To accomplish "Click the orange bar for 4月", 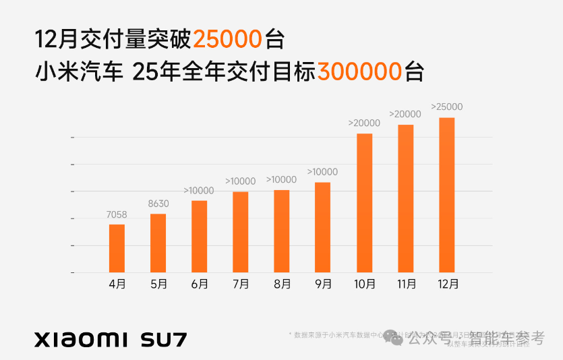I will click(x=117, y=248).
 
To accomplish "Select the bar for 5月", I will click(x=158, y=243).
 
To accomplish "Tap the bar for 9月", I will click(x=322, y=227).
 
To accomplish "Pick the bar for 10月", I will click(x=364, y=203).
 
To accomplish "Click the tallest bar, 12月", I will click(x=446, y=195).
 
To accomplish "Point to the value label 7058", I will click(x=117, y=215).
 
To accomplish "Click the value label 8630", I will click(x=158, y=204).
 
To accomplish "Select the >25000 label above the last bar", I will click(x=446, y=107).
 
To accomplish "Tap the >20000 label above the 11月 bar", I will click(x=405, y=114).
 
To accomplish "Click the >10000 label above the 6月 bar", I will click(x=199, y=190).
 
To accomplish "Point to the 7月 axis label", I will click(x=241, y=284).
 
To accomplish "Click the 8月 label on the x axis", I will click(x=282, y=284).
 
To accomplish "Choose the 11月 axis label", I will click(x=406, y=284).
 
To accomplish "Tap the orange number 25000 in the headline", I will click(x=227, y=40).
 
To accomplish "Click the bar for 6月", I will click(x=199, y=236).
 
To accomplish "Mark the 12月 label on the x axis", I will click(x=447, y=284).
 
